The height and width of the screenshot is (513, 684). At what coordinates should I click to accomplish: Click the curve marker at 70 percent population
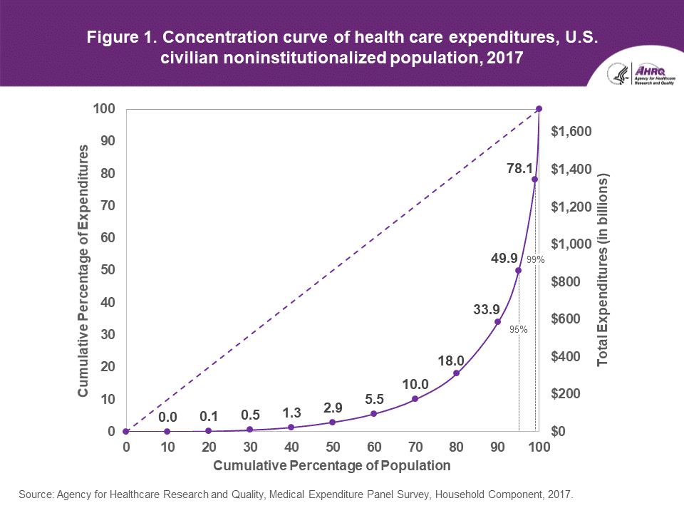click(x=415, y=399)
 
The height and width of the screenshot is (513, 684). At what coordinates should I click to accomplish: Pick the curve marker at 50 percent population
click(x=333, y=422)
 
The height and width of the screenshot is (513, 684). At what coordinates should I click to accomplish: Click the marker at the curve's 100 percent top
click(x=539, y=108)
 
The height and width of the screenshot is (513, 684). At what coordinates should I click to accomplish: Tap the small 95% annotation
click(x=518, y=329)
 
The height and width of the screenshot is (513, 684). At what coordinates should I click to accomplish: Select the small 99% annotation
click(x=536, y=260)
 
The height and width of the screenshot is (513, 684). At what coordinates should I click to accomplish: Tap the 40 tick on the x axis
click(x=291, y=447)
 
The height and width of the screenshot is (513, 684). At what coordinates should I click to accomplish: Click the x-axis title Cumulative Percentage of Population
click(x=332, y=466)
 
